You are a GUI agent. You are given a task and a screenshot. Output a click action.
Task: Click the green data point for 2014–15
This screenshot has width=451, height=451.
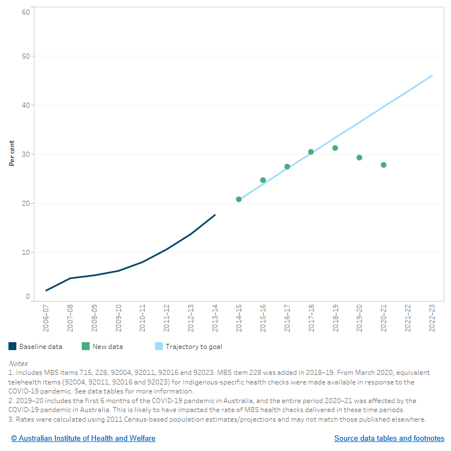pos(238,199)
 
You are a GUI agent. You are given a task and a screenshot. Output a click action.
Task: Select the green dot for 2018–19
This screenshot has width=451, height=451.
pos(335,148)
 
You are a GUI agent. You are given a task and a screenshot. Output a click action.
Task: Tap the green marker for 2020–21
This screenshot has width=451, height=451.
pos(383,165)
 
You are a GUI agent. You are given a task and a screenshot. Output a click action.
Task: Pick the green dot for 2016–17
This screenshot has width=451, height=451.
pos(287,166)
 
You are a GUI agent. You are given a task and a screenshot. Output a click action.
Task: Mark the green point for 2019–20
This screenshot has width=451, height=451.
pos(359,157)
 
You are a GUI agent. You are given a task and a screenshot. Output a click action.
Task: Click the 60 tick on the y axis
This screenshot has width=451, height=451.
pos(26,12)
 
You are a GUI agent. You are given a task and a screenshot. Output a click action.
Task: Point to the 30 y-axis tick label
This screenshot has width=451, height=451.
pos(26,154)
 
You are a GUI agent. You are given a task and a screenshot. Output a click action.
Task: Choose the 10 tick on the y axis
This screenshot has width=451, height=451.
pos(26,252)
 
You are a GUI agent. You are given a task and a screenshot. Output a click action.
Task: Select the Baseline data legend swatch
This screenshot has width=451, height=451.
pos(12,347)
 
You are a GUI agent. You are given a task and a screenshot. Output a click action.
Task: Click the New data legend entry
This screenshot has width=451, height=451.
pos(107,347)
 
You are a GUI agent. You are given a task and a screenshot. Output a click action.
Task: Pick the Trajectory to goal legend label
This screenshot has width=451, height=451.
pos(193,347)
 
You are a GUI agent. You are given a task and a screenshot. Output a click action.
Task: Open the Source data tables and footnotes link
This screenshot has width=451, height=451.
pos(389,438)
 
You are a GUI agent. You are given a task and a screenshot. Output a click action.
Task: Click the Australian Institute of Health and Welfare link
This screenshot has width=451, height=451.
pos(83,438)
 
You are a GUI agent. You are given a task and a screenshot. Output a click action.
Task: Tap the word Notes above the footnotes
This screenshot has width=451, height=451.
pos(18,364)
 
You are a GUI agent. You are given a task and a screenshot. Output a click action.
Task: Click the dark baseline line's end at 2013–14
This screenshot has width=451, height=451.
pos(215,215)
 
